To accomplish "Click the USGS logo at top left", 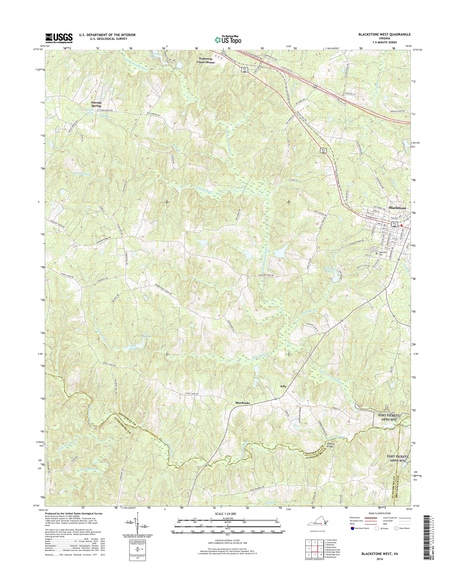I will pos(59,38).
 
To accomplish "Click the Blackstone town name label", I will pos(398,208).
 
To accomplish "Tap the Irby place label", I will pos(283,386).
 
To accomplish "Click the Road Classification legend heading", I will pos(380,513).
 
